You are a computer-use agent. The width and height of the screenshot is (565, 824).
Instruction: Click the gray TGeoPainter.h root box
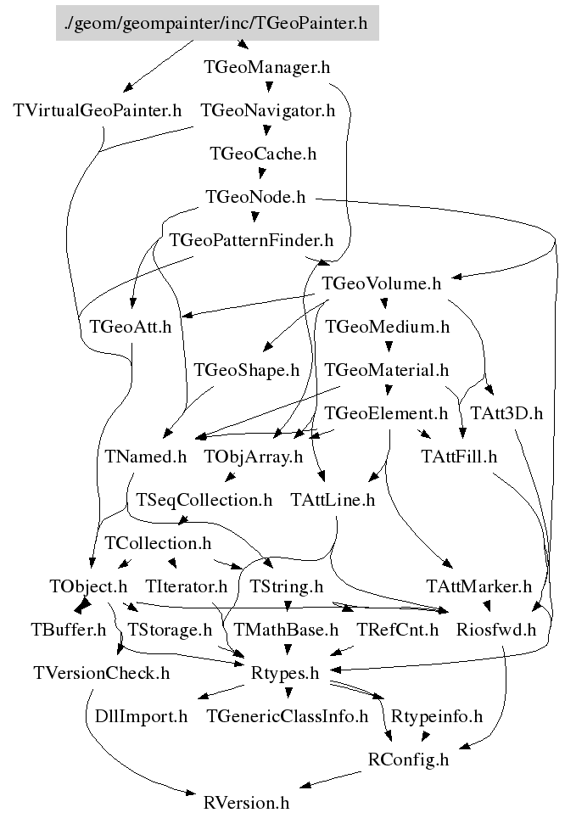[x=216, y=23]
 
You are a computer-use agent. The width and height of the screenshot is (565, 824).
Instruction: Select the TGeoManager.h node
[x=267, y=67]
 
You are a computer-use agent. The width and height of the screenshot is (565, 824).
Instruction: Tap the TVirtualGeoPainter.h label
[x=98, y=110]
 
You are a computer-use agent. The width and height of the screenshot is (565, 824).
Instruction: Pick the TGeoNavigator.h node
[x=267, y=110]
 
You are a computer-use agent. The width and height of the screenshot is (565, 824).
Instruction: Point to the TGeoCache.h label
[x=263, y=154]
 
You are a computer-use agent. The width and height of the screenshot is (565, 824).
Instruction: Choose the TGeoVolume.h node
[x=382, y=283]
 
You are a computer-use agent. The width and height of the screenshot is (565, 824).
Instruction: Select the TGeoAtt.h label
[x=130, y=327]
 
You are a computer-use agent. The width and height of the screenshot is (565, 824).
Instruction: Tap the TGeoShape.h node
[x=247, y=370]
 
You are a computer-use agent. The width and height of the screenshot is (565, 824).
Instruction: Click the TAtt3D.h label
[x=512, y=413]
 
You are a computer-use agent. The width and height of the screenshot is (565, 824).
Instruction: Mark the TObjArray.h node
[x=253, y=457]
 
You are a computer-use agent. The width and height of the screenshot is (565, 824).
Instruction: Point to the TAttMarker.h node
[x=478, y=586]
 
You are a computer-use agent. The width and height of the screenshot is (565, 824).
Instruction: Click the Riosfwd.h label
[x=496, y=630]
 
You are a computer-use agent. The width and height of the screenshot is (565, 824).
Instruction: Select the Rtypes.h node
[x=285, y=674]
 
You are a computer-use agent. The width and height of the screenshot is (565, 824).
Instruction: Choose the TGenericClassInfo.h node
[x=288, y=716]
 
